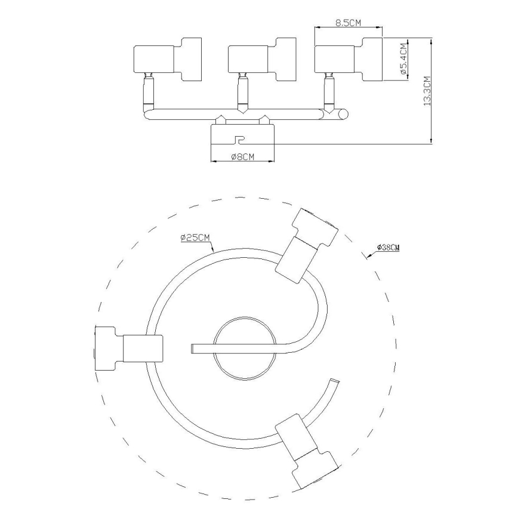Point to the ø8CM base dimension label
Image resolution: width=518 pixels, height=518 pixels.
point(242,157)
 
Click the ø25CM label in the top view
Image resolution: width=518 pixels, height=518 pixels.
point(195,238)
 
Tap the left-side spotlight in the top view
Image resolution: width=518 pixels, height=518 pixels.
point(128,347)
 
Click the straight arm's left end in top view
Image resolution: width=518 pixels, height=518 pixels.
point(192,347)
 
